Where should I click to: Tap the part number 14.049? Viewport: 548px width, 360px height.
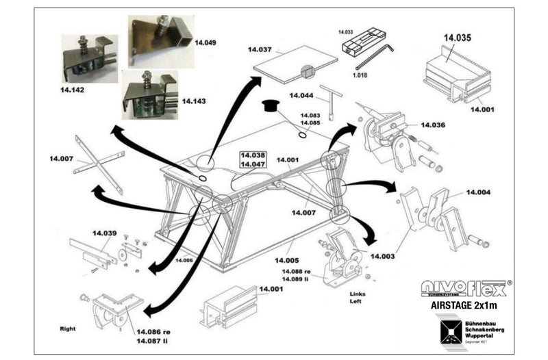tap(206, 42)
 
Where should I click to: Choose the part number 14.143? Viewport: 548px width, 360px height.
tap(193, 101)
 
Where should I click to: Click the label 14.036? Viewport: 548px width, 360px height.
tap(433, 125)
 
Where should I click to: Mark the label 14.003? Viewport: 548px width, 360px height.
tap(384, 256)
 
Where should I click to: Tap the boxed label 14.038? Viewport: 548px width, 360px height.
tap(252, 155)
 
